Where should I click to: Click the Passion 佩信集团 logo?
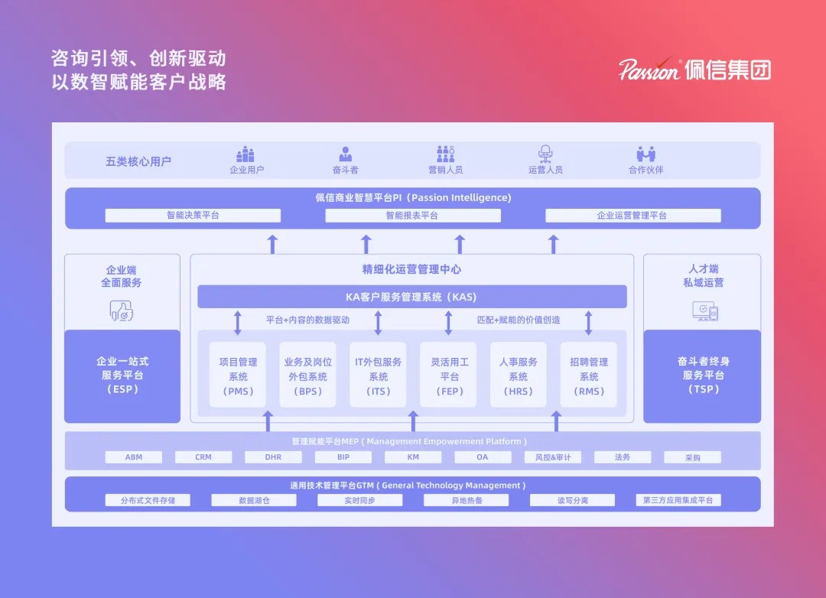[694, 70]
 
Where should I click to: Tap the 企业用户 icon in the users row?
[246, 154]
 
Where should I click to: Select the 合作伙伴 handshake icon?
[646, 154]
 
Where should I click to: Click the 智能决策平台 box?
[193, 216]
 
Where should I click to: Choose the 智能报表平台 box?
[412, 216]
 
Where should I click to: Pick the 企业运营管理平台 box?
[633, 216]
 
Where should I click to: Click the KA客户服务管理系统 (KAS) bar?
[411, 297]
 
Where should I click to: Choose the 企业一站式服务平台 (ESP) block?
[122, 375]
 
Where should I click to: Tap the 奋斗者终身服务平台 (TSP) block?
[701, 375]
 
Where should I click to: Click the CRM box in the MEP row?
[203, 457]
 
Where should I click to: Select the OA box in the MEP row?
[483, 457]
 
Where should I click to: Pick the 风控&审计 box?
[553, 457]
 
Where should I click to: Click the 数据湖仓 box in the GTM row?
[254, 500]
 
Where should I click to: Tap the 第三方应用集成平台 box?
[678, 500]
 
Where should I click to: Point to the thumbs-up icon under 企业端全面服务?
[122, 310]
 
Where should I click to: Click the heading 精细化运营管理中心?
[411, 269]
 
